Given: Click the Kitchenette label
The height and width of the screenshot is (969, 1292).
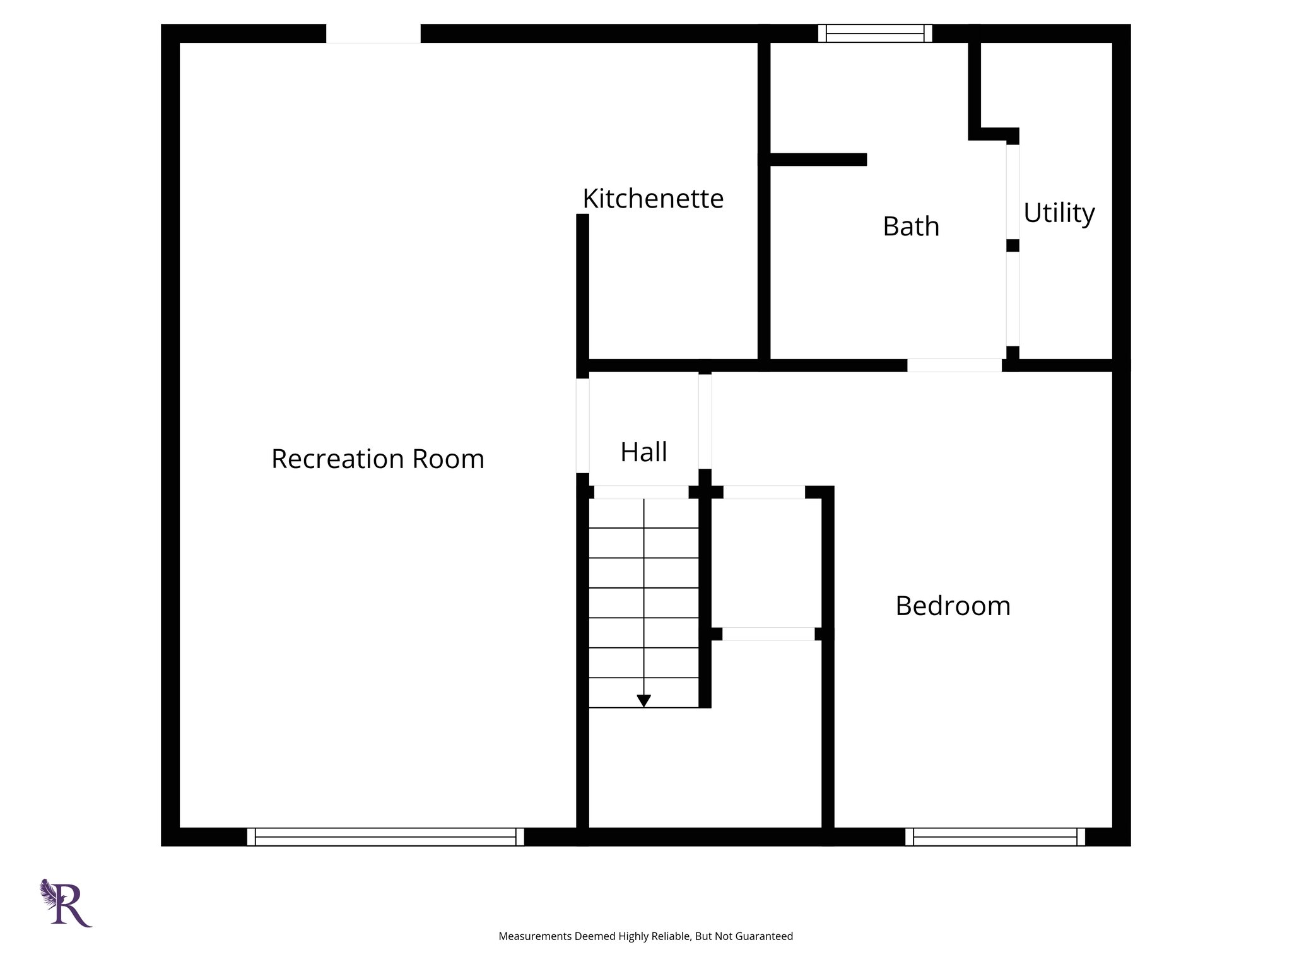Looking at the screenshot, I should coord(653,199).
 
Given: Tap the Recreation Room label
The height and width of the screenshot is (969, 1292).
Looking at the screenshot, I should coord(377,459).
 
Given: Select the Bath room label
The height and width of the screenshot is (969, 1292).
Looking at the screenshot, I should coord(910,226).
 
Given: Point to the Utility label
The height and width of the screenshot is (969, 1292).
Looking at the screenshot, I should coord(1059,213).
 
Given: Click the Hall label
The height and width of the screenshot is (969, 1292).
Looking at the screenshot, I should coord(643,452).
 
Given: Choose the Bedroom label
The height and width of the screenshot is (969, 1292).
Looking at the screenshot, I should coord(953,606).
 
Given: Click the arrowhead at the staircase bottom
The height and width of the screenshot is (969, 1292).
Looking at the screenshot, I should coord(643,700).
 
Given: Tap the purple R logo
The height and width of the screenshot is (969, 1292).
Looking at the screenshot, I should coord(67,903).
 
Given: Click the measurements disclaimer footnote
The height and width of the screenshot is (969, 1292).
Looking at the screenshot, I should coord(645,936).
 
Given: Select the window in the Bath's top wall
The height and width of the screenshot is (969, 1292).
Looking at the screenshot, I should coord(875,33).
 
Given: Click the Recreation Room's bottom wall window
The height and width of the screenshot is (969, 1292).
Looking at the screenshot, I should coord(385,837).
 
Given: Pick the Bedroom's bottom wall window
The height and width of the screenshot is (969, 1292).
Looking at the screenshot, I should coord(995,837).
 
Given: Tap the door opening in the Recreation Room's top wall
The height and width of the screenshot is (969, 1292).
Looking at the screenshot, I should coord(373,33).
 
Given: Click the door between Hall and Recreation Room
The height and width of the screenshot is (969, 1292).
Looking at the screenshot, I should coord(583,425).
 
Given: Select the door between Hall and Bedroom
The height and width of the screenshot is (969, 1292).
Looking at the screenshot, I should coord(705,421).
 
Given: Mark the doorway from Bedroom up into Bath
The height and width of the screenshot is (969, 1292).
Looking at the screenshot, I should coord(954,365).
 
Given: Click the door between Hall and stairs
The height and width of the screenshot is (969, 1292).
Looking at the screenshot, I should coord(641,492).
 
